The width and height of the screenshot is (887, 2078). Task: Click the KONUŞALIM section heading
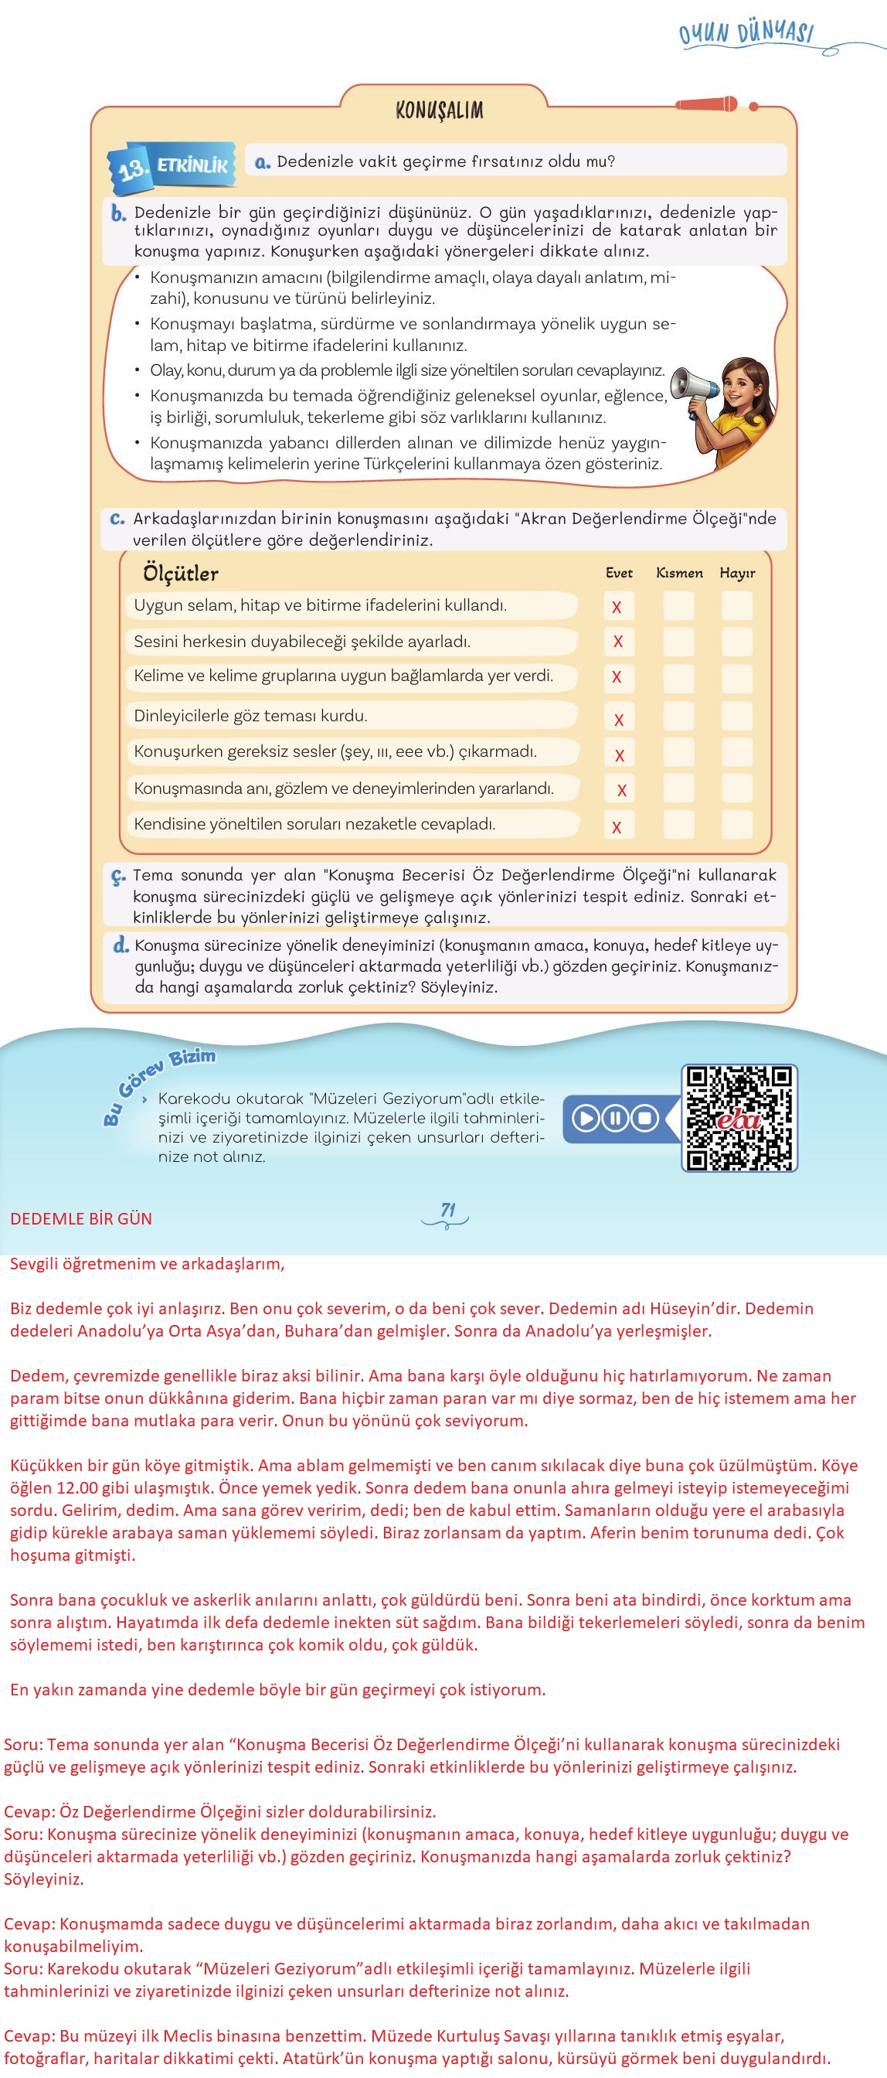(x=440, y=110)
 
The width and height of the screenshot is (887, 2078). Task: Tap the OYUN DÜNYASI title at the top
(x=746, y=34)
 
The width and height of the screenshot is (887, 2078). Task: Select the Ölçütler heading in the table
(x=181, y=574)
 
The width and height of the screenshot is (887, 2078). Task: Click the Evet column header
(x=618, y=573)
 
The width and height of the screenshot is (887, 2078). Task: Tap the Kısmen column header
(x=679, y=573)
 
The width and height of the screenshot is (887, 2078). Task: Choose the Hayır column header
(x=737, y=573)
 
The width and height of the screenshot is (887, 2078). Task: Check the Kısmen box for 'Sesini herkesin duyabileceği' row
(x=678, y=642)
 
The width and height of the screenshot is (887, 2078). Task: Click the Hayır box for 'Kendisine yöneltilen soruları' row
(x=737, y=825)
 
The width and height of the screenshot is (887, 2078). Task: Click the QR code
(x=739, y=1117)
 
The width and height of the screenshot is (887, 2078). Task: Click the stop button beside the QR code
(x=644, y=1118)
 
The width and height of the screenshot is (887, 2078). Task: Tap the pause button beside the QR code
(x=615, y=1118)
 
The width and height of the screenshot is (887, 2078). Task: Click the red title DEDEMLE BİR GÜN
(x=81, y=1219)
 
